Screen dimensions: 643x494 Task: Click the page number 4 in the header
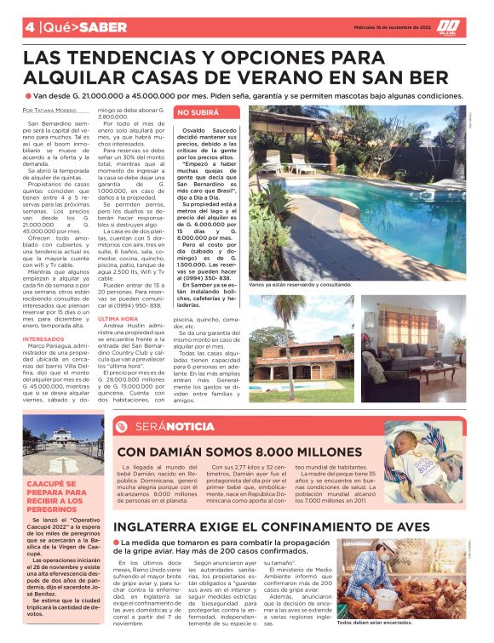(29, 26)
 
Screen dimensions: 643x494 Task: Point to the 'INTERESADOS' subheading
(43, 339)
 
